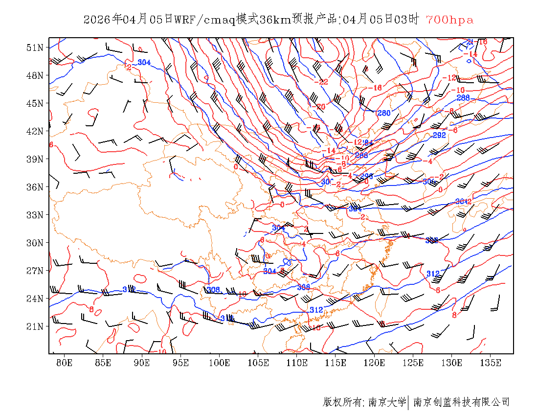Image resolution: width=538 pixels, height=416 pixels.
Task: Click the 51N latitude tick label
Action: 35,47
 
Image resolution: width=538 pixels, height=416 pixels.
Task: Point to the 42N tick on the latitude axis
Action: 35,131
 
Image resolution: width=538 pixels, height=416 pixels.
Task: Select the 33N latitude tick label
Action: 35,215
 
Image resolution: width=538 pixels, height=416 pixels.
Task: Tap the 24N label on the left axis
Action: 35,299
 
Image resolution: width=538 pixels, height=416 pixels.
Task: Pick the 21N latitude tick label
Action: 35,326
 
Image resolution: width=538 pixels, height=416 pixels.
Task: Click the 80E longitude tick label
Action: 64,363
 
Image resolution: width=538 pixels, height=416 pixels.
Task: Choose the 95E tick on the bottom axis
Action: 180,363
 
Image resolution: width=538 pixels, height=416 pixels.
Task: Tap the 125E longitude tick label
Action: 413,363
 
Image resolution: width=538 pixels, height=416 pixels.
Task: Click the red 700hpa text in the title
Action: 449,20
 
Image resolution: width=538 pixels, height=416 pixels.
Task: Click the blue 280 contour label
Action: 383,113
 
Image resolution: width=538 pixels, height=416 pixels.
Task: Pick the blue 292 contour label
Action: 439,135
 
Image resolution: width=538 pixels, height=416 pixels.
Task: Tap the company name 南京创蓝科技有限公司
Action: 461,402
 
